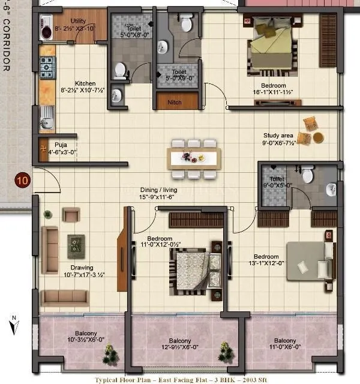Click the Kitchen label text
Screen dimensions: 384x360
click(85, 83)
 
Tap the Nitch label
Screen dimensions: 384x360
click(175, 103)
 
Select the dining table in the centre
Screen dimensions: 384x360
click(195, 157)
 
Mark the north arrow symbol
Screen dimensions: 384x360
click(13, 325)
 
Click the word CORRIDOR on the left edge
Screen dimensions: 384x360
click(7, 44)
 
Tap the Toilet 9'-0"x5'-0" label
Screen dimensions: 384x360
click(277, 182)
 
